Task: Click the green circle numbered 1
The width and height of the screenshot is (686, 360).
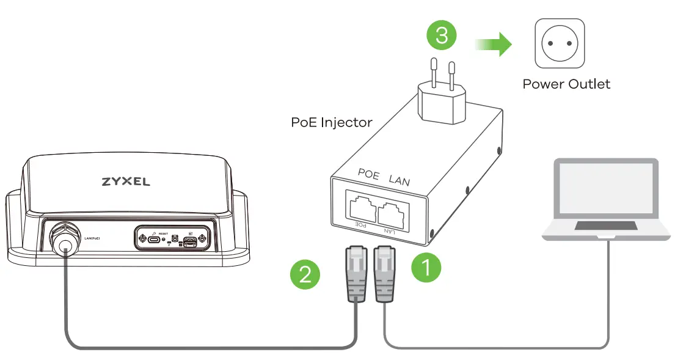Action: coord(426,268)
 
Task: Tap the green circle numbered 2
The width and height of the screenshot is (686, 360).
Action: coord(305,273)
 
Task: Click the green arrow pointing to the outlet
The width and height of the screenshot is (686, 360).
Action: coord(494,44)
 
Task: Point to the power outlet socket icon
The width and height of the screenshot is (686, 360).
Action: coord(559,43)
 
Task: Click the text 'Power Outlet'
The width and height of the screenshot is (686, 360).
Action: coord(566,84)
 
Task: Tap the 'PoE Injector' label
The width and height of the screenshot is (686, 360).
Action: coord(332,122)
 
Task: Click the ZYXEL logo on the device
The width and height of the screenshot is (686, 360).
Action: coord(125,182)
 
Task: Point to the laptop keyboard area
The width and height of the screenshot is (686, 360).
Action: coord(605,227)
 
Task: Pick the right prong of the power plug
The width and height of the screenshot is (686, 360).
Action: coord(451,74)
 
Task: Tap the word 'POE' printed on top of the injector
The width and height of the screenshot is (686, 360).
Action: coord(369,173)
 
